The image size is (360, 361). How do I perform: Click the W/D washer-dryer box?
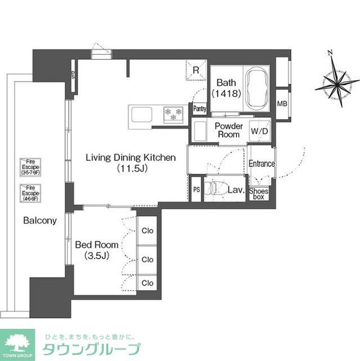pyautogui.click(x=260, y=131)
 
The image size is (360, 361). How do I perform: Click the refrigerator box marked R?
pyautogui.click(x=196, y=71)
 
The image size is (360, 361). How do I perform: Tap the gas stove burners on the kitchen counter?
pyautogui.click(x=173, y=114)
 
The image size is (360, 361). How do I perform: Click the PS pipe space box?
pyautogui.click(x=197, y=190)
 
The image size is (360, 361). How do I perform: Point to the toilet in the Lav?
pyautogui.click(x=215, y=190)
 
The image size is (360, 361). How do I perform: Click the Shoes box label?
pyautogui.click(x=260, y=193)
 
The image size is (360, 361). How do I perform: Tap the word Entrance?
pyautogui.click(x=261, y=164)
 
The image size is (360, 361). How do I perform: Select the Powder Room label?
pyautogui.click(x=228, y=130)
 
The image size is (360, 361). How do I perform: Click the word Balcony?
pyautogui.click(x=39, y=221)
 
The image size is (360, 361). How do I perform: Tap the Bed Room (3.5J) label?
pyautogui.click(x=96, y=250)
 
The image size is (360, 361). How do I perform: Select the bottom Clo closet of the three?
pyautogui.click(x=148, y=282)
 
